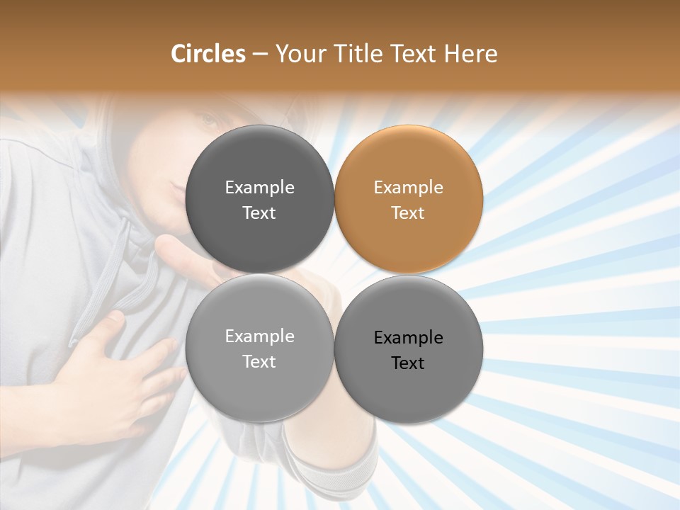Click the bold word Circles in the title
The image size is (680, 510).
[208, 54]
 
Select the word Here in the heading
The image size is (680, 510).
[470, 54]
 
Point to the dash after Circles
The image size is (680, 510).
[259, 54]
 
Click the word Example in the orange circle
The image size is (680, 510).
[409, 188]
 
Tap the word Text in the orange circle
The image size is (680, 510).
[409, 213]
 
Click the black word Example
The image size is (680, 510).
[409, 338]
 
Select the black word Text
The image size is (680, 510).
[409, 363]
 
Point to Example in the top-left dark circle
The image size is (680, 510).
[259, 188]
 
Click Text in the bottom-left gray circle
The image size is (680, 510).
[259, 362]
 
